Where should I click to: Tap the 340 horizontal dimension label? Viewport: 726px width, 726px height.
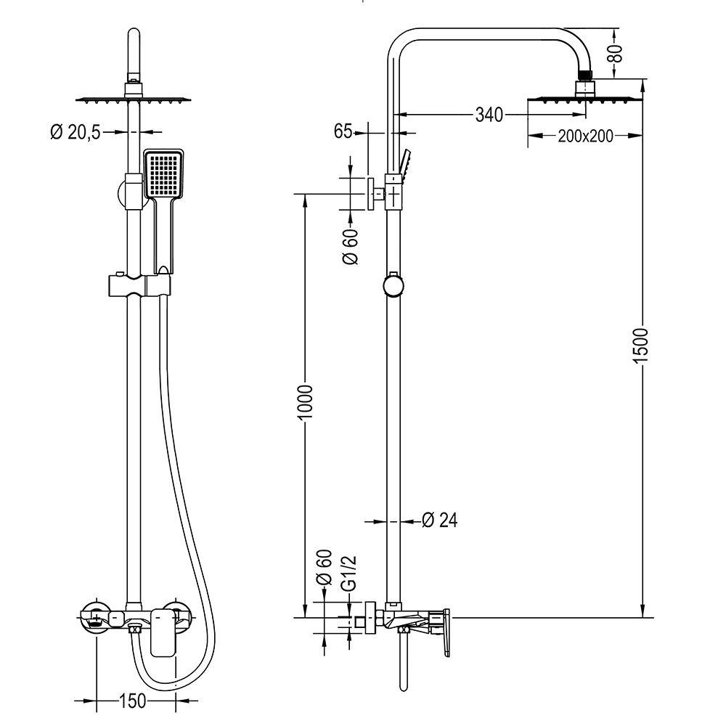click(489, 115)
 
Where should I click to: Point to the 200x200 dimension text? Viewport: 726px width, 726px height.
click(585, 135)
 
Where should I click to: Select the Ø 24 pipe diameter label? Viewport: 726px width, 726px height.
click(439, 520)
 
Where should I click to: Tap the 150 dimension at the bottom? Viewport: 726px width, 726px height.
click(133, 701)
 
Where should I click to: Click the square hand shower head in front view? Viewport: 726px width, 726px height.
click(165, 174)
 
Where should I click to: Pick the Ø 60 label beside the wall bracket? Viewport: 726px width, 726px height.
click(351, 247)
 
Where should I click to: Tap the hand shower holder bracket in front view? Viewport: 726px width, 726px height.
click(139, 285)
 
